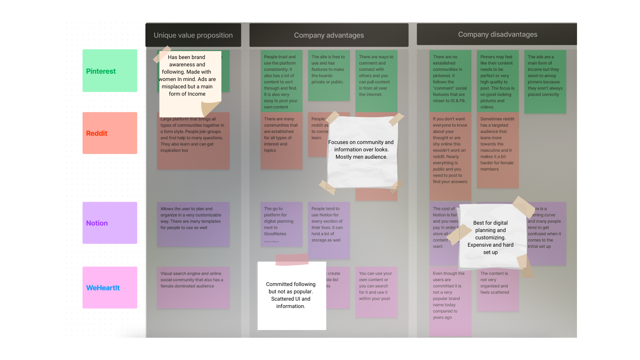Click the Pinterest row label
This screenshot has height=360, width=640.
[x=110, y=71]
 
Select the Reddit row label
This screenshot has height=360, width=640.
[x=110, y=133]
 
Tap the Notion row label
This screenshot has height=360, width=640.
[x=110, y=223]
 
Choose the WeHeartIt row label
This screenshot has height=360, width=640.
[x=110, y=287]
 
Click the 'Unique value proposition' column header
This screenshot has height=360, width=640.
[x=193, y=35]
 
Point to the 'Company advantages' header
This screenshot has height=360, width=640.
[x=329, y=35]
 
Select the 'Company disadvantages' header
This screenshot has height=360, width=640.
[x=497, y=34]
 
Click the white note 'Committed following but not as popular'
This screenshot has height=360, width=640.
[x=291, y=295]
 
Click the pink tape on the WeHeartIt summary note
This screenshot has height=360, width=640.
[x=292, y=259]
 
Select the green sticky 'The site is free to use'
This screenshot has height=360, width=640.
[x=329, y=75]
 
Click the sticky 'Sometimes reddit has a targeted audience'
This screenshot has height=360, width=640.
[x=497, y=150]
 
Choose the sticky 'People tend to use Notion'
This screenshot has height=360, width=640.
[x=329, y=230]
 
